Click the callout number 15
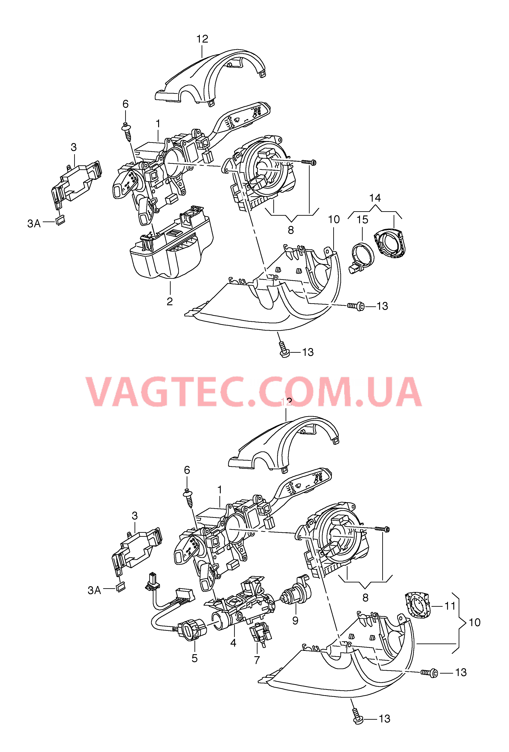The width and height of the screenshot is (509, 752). tap(362, 220)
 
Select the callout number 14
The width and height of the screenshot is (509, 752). tap(375, 198)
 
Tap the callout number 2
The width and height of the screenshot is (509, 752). tap(170, 301)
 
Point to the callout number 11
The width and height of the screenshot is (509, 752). tap(450, 606)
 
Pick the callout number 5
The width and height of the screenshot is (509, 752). tap(194, 658)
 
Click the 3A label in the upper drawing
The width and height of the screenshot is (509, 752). tap(34, 223)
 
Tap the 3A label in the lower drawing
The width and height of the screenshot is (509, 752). tap(94, 590)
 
